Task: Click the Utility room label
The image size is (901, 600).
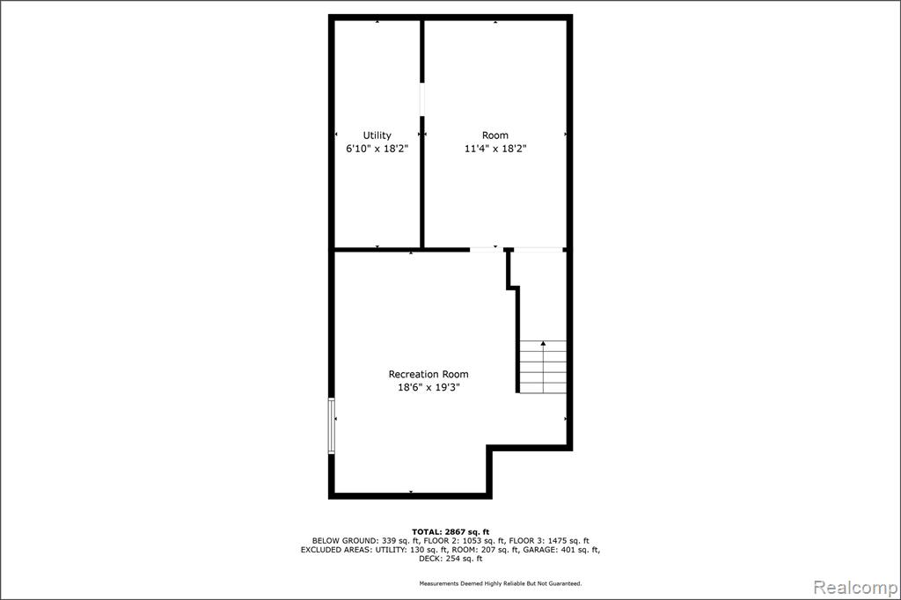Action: pyautogui.click(x=377, y=135)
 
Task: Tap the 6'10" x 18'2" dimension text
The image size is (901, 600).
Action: pyautogui.click(x=377, y=149)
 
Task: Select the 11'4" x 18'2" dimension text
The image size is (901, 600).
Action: pyautogui.click(x=495, y=149)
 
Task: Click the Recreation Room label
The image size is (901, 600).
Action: pyautogui.click(x=429, y=374)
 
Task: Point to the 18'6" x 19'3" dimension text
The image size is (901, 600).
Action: pyautogui.click(x=429, y=387)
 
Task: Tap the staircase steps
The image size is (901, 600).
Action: pyautogui.click(x=543, y=367)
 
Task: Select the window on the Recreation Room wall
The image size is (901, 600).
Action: pyautogui.click(x=332, y=426)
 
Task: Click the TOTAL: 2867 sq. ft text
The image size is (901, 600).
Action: pyautogui.click(x=450, y=532)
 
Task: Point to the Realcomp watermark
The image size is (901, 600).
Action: pyautogui.click(x=855, y=588)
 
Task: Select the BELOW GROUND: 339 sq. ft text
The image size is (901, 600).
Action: pyautogui.click(x=365, y=541)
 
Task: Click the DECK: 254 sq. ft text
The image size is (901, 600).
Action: pyautogui.click(x=450, y=558)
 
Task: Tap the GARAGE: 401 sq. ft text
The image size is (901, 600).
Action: pyautogui.click(x=560, y=550)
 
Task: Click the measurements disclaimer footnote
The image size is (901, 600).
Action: pyautogui.click(x=501, y=584)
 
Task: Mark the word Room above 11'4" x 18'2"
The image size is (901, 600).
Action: pyautogui.click(x=495, y=135)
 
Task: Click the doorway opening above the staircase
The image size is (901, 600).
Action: pyautogui.click(x=538, y=250)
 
